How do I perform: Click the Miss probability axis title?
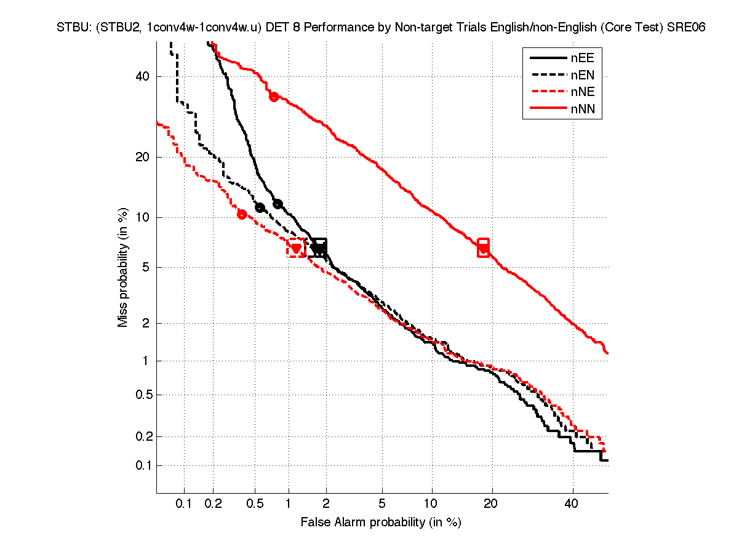123,267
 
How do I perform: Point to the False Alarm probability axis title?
381,523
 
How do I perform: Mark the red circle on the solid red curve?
274,97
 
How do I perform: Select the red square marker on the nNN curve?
484,247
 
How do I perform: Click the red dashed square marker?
297,247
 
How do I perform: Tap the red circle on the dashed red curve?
242,214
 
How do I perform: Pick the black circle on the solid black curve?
278,204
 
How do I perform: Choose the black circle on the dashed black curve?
260,207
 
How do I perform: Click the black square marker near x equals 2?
318,247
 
